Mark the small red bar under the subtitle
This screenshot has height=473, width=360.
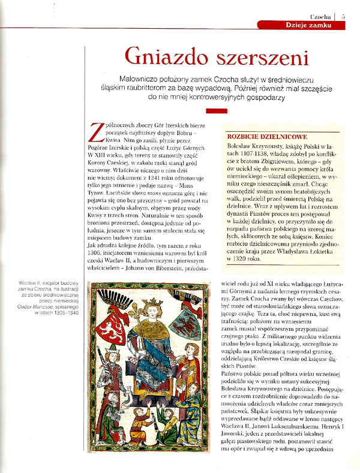coord(216,110)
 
